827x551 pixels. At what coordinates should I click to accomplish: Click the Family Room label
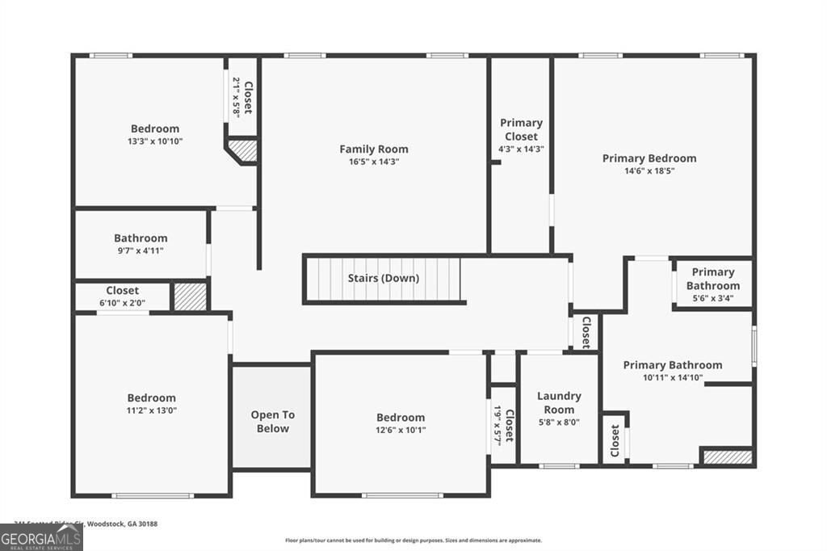373,149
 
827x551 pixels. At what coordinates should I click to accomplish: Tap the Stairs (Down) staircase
383,279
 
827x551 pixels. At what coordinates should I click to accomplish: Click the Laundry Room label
559,402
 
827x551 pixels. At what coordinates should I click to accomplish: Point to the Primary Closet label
521,129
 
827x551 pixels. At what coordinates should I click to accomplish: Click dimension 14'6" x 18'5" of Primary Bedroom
649,171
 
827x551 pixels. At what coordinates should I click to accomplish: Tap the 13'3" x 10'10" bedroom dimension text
155,141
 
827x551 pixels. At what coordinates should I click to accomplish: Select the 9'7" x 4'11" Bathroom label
141,238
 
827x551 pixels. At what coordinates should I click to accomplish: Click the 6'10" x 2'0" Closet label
122,291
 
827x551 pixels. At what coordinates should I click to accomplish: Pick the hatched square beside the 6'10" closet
191,296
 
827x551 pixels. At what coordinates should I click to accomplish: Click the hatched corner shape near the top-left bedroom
244,150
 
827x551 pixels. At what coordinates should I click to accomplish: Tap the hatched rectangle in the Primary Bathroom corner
716,457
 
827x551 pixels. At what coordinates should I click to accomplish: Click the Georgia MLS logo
41,537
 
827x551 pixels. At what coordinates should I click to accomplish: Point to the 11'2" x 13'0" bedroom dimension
151,410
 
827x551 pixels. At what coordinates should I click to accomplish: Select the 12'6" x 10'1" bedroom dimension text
400,430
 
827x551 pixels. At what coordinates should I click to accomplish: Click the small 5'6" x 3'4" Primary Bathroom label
713,279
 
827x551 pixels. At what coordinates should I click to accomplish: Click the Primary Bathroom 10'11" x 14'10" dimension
672,377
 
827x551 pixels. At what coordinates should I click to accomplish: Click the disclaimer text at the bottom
413,540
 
